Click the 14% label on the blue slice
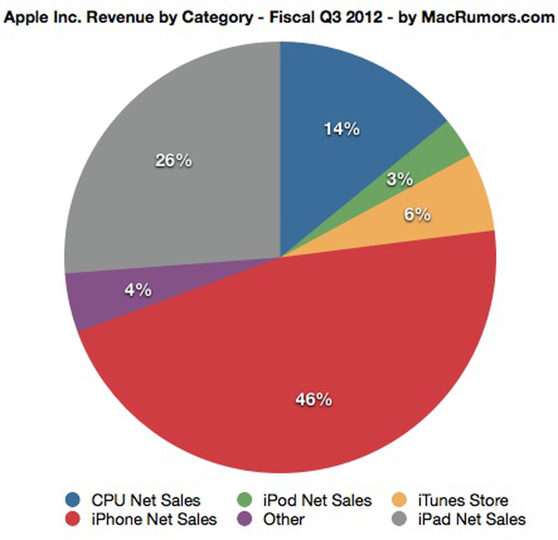point(342,129)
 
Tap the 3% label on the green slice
point(400,180)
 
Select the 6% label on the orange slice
point(417,214)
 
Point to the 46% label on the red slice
point(314,400)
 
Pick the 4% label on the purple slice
point(138,290)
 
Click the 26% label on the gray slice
point(173,161)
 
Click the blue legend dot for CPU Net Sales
point(73,500)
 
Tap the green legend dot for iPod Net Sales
point(244,500)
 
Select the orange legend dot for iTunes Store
point(400,500)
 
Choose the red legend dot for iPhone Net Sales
point(73,519)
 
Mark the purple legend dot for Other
point(244,519)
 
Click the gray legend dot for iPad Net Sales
point(400,519)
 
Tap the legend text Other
point(284,519)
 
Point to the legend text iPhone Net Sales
point(154,519)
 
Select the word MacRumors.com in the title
point(488,17)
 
